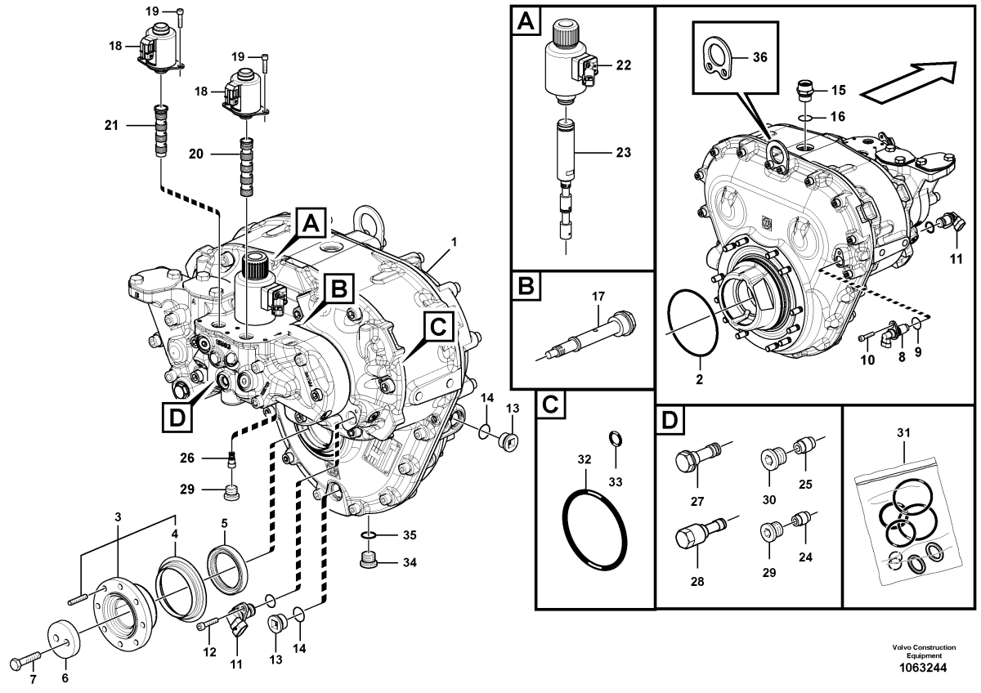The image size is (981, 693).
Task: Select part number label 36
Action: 760,58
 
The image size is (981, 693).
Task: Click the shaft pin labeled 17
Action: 590,337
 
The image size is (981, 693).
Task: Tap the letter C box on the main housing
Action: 437,328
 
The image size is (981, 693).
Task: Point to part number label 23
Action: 622,151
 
